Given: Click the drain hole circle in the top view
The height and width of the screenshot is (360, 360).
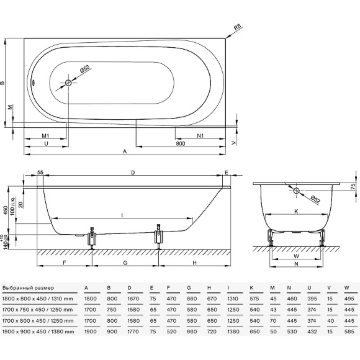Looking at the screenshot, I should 68,83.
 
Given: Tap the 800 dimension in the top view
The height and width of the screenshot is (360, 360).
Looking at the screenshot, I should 181,143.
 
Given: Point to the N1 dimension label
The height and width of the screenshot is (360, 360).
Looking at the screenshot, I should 200,135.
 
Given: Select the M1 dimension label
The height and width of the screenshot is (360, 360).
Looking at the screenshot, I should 45,135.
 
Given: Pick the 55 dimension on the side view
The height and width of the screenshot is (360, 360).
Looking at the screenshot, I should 40,172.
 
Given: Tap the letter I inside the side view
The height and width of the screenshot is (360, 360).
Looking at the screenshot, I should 122,215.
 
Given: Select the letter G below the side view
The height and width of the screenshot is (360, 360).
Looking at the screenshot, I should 125,263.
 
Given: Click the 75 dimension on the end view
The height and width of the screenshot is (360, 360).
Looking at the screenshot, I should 353,187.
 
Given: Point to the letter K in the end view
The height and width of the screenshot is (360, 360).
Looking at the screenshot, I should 295,212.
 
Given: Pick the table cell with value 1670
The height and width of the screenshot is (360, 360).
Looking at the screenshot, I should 132,299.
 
